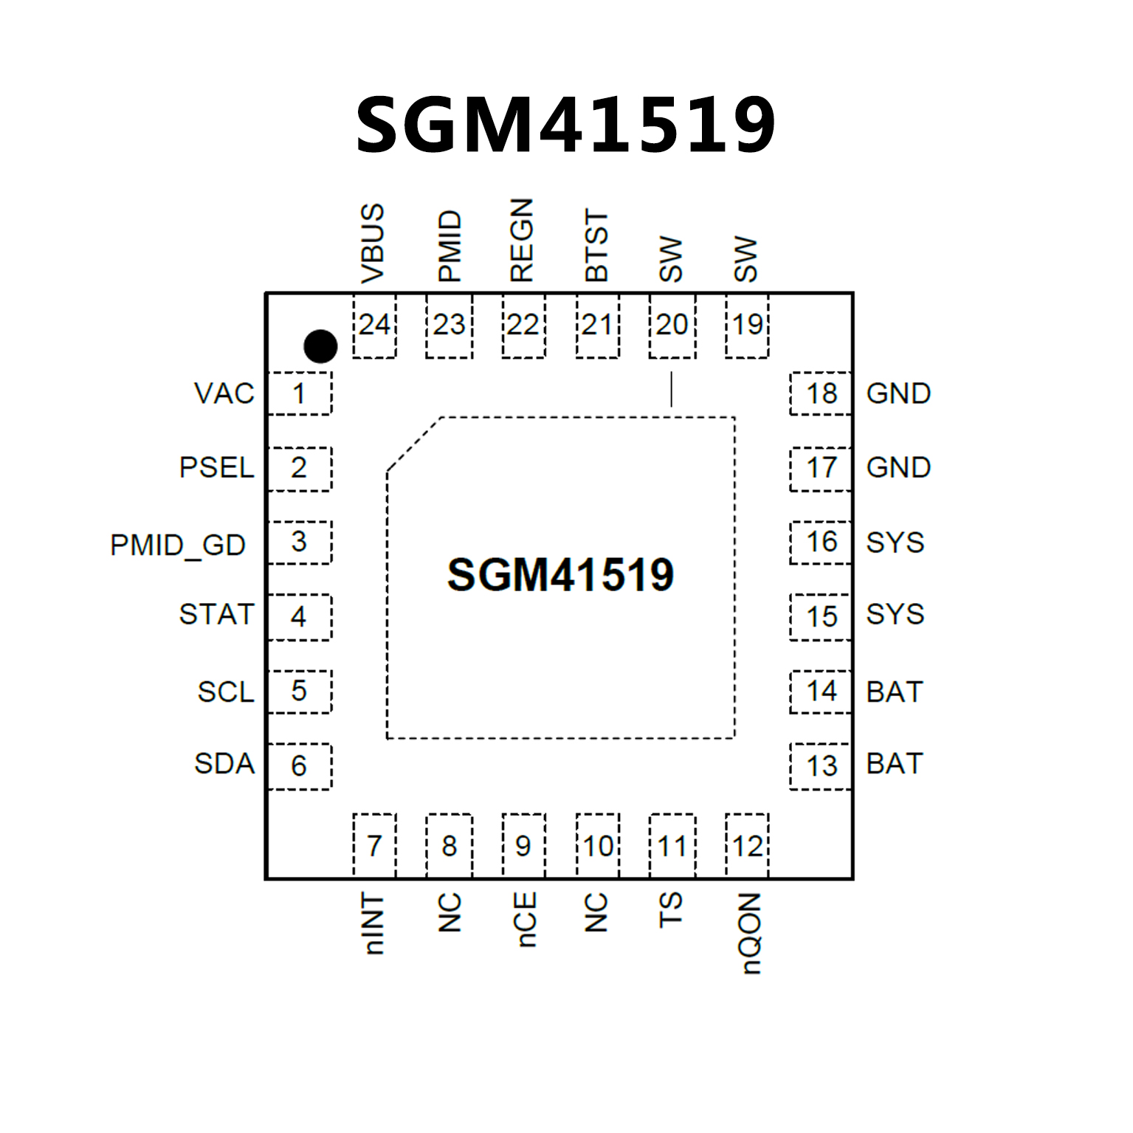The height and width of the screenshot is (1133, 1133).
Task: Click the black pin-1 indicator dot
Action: pyautogui.click(x=320, y=346)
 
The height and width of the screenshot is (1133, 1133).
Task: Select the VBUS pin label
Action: pyautogui.click(x=373, y=244)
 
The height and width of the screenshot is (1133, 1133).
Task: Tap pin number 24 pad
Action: pyautogui.click(x=374, y=326)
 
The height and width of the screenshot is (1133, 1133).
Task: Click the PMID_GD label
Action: pyautogui.click(x=178, y=545)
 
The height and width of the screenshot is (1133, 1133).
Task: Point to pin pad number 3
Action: pyautogui.click(x=299, y=542)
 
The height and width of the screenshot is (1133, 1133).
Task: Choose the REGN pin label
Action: pyautogui.click(x=521, y=241)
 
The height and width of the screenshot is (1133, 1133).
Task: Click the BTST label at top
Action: pyautogui.click(x=596, y=245)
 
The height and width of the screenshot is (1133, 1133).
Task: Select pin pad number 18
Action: pyautogui.click(x=821, y=393)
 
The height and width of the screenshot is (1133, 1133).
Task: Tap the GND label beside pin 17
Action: pyautogui.click(x=898, y=467)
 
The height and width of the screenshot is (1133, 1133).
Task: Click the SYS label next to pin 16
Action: pyautogui.click(x=895, y=543)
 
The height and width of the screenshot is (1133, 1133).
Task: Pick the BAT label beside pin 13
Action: pyautogui.click(x=895, y=764)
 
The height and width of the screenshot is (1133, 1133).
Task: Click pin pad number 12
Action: pyautogui.click(x=747, y=846)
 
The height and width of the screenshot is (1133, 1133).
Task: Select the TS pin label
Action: pyautogui.click(x=670, y=909)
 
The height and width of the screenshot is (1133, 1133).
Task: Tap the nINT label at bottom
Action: pyautogui.click(x=374, y=923)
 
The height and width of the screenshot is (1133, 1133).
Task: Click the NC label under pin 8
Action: pyautogui.click(x=449, y=913)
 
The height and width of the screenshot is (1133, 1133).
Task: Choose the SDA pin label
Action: pyautogui.click(x=224, y=764)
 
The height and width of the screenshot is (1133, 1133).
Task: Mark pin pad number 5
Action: pyautogui.click(x=299, y=692)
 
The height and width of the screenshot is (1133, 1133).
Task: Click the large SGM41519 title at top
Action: pyautogui.click(x=565, y=125)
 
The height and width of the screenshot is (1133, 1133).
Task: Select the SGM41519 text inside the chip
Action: pyautogui.click(x=560, y=575)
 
